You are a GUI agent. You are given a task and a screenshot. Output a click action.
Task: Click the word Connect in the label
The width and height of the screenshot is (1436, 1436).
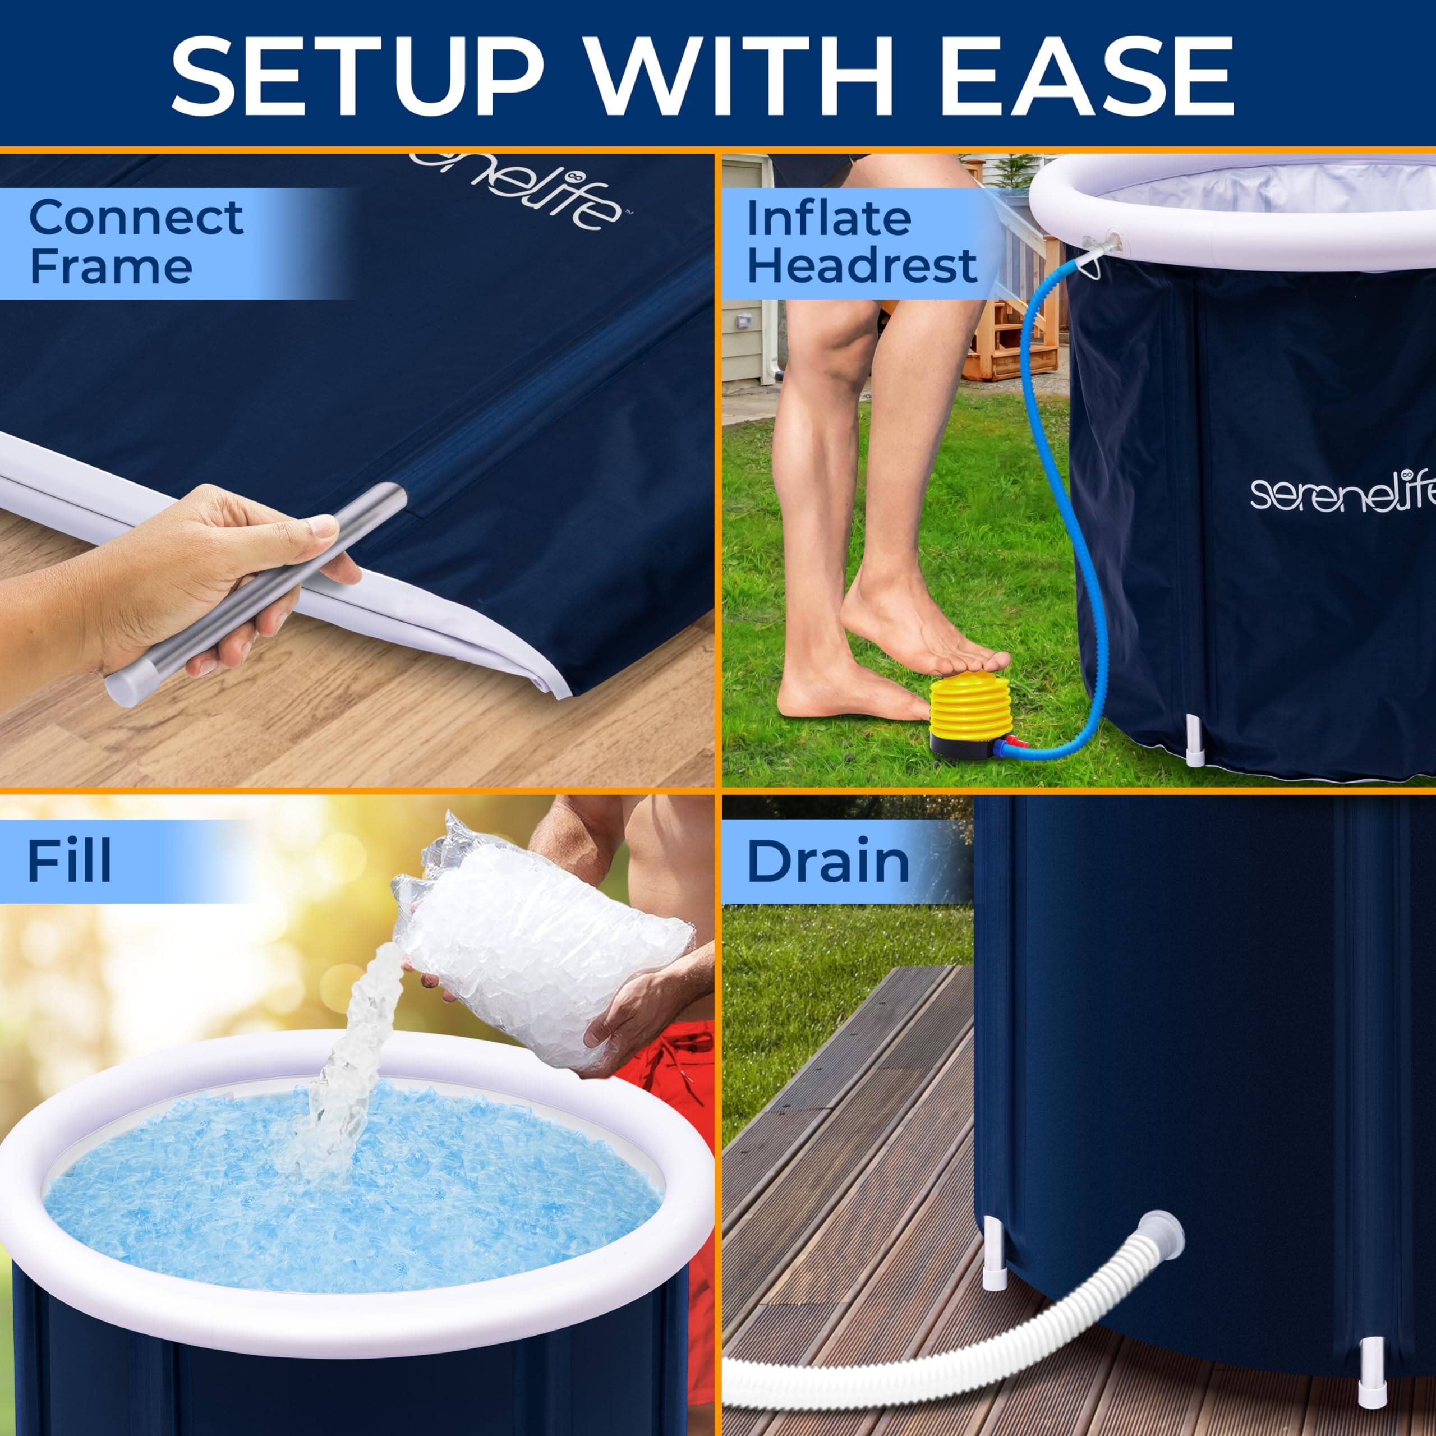coord(135,217)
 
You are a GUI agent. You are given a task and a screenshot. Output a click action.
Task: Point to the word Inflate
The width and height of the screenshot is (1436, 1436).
coord(828,218)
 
